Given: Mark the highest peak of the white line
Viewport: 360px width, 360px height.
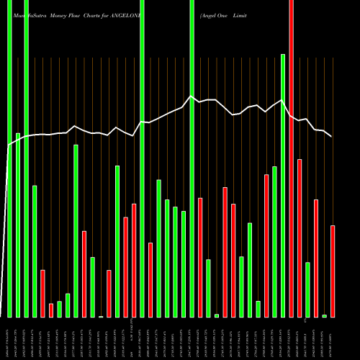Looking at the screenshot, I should (x=191, y=96).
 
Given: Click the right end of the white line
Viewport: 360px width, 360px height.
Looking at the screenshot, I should (x=331, y=136).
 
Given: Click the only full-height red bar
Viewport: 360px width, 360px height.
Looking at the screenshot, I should (x=291, y=158).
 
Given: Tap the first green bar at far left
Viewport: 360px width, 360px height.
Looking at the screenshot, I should (x=9, y=158).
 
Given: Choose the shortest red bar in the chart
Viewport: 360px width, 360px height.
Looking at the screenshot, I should (x=51, y=310).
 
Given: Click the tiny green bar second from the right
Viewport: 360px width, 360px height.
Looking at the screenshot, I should (x=324, y=315).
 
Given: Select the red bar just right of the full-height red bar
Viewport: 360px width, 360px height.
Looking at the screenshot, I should (x=300, y=238).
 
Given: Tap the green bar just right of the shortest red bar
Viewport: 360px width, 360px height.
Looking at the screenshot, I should (x=59, y=309).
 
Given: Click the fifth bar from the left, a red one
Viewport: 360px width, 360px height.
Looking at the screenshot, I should (x=42, y=293).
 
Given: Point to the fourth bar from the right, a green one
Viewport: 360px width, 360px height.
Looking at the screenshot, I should (x=307, y=289).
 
